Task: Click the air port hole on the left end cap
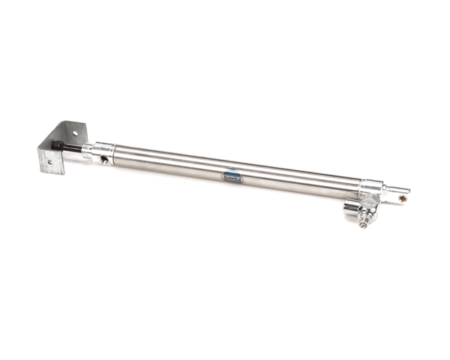pos(105,159)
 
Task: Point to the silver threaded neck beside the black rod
pos(86,149)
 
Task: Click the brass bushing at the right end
pos(403,199)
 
